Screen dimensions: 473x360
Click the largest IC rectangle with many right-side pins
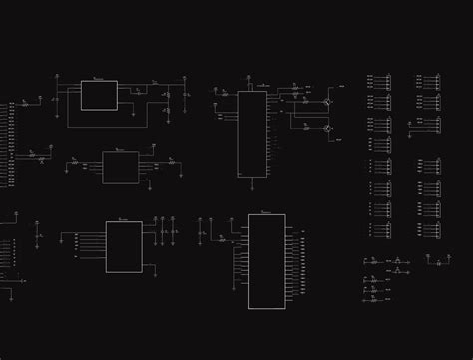coord(266,261)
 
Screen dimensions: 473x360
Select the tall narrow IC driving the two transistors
coord(252,134)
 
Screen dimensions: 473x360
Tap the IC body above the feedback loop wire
coord(99,95)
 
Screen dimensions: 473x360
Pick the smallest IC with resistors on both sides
coord(121,167)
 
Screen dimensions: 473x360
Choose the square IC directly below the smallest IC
coord(124,246)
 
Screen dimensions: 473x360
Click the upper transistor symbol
coord(327,102)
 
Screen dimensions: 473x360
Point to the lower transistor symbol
coord(327,128)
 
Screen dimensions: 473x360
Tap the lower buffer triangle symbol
coord(397,271)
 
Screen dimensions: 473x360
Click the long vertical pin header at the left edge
coord(11,144)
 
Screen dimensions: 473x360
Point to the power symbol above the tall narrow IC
coord(248,80)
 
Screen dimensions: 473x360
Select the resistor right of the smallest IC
coord(171,160)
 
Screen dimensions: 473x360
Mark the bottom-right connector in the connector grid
coord(432,231)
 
